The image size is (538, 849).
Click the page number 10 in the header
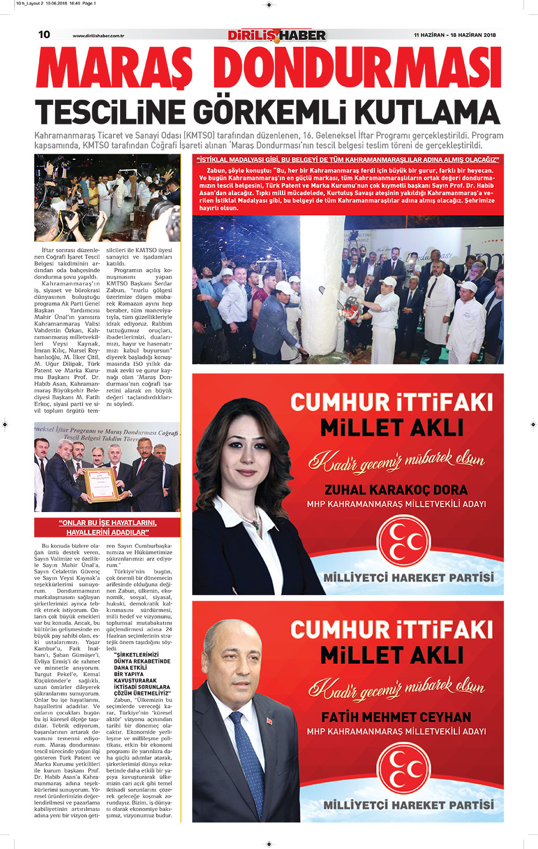44,35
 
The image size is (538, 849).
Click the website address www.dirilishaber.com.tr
98,36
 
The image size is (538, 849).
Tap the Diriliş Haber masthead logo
277,35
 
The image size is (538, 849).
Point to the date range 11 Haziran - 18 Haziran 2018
455,35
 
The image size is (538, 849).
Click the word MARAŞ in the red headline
114,70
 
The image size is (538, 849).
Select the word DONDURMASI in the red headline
361,70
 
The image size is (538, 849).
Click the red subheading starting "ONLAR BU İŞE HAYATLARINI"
107,527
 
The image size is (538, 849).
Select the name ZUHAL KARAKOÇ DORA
396,490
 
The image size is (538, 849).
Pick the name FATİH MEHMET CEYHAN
396,717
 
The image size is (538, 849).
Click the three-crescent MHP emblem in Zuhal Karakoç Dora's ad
403,541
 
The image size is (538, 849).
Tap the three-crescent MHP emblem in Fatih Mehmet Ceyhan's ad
403,768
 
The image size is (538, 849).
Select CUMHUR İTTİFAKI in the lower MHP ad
391,630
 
